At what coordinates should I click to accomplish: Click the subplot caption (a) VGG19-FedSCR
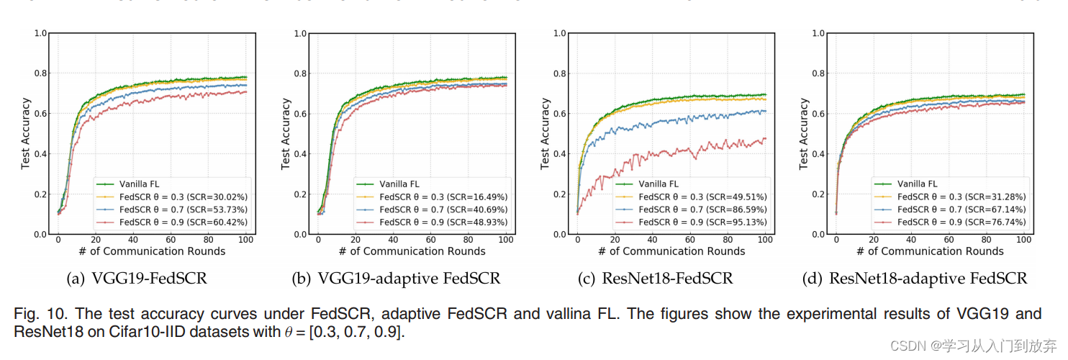pos(136,278)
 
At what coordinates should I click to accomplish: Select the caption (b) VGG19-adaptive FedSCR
pos(396,278)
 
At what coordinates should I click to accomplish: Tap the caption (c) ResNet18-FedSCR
pos(656,278)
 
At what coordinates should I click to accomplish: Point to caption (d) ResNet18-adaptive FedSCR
pos(915,278)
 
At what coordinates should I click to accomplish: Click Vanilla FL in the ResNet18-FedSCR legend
pos(658,184)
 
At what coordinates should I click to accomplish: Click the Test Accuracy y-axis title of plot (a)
pos(25,134)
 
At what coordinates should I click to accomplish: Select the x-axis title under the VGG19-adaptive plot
pos(412,251)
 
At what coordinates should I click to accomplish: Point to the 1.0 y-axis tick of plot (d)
pos(818,33)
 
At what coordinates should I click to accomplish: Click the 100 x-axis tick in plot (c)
pos(765,240)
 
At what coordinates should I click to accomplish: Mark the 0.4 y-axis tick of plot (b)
pos(299,154)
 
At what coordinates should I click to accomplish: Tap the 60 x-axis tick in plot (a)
pos(171,240)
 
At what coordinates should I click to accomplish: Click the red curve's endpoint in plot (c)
pos(765,138)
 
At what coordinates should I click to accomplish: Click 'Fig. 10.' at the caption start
pos(36,315)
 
